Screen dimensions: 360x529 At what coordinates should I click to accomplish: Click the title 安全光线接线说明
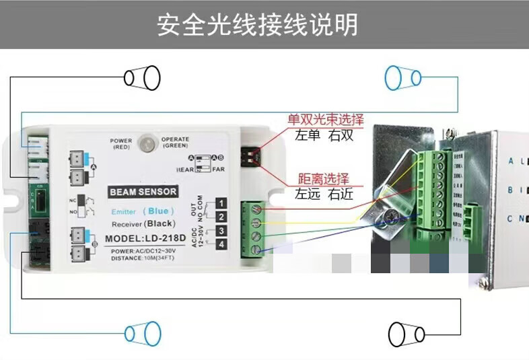tap(257, 26)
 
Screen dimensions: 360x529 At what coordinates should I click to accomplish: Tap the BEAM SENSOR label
tap(143, 192)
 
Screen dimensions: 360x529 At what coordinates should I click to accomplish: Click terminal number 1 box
tap(221, 203)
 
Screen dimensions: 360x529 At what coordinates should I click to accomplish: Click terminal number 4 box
tap(221, 245)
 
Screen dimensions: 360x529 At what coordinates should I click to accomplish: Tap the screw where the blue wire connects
tap(256, 250)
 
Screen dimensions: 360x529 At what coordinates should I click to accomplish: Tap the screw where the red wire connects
tap(256, 209)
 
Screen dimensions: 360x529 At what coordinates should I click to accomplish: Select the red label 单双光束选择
tap(326, 120)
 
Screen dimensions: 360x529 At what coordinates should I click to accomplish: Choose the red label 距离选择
tap(324, 179)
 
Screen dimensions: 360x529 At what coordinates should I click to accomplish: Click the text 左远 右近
tap(322, 195)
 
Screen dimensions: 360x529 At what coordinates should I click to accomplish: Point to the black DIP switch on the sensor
tap(250, 156)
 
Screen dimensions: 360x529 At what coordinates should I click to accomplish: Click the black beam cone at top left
tap(142, 77)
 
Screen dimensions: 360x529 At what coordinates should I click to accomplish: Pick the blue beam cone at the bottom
tap(143, 333)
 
